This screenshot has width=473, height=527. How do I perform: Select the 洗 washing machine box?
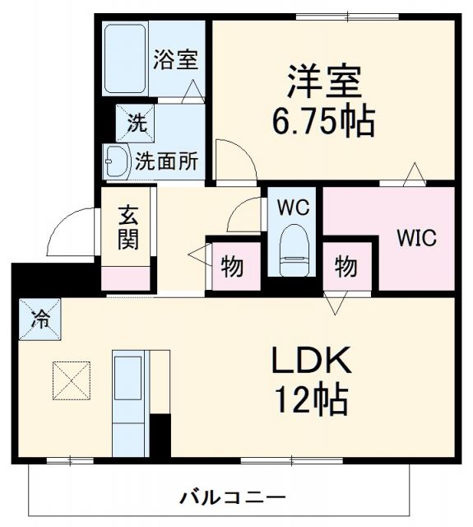coord(135,124)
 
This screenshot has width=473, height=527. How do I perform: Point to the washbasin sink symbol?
coord(114,161)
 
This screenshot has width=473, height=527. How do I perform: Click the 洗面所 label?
coord(166,161)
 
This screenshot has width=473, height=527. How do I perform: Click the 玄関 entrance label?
coord(128,227)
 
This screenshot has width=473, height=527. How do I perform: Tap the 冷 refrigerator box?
coord(39,318)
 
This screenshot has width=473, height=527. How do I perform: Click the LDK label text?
coord(312,362)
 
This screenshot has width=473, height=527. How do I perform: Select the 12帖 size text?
coord(312,400)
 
